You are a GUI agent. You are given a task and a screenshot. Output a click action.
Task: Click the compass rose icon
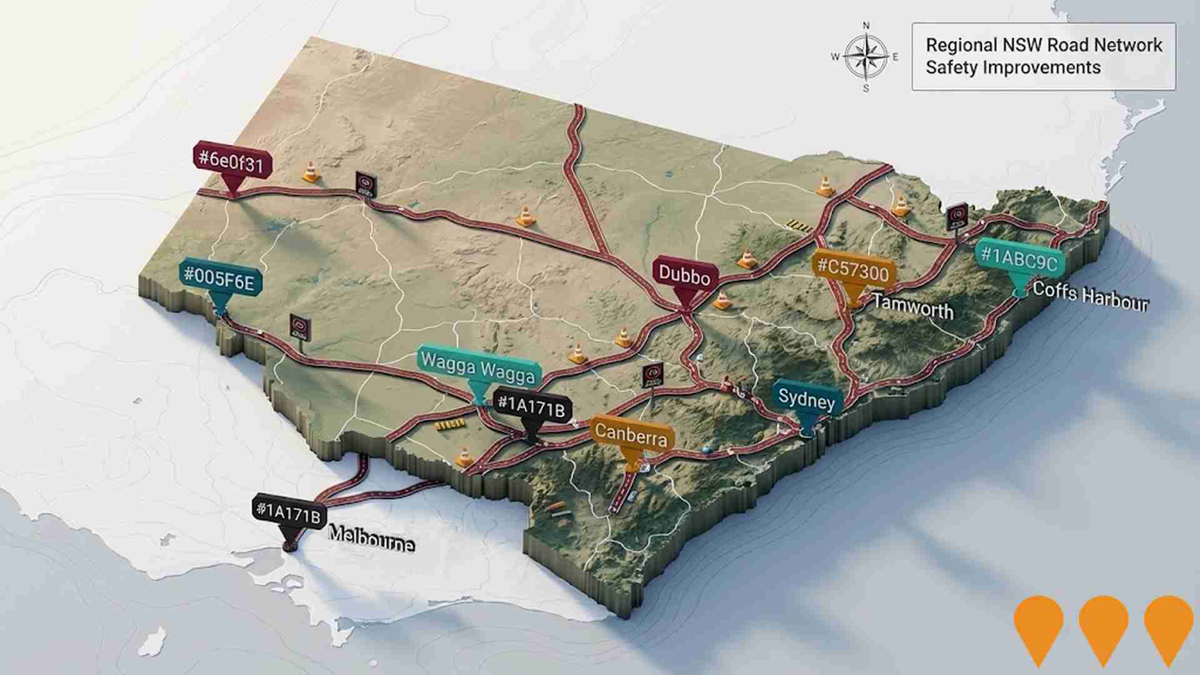[866, 57]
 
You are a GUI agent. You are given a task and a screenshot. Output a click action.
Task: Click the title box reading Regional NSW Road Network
[1043, 56]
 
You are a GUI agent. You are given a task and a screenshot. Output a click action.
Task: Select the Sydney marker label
[806, 399]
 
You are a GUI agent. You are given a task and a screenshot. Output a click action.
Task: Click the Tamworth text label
[913, 307]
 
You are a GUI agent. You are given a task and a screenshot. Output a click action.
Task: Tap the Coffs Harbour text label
[1091, 296]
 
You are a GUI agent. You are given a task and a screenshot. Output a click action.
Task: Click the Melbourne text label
[371, 538]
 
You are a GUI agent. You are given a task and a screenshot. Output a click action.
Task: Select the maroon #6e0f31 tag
[232, 161]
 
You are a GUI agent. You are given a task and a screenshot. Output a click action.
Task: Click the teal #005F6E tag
[219, 279]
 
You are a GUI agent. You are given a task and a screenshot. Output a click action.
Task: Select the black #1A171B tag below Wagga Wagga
[531, 407]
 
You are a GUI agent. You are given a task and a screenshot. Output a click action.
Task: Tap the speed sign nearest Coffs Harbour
[956, 217]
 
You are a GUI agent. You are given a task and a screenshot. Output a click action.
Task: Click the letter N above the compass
[866, 26]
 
